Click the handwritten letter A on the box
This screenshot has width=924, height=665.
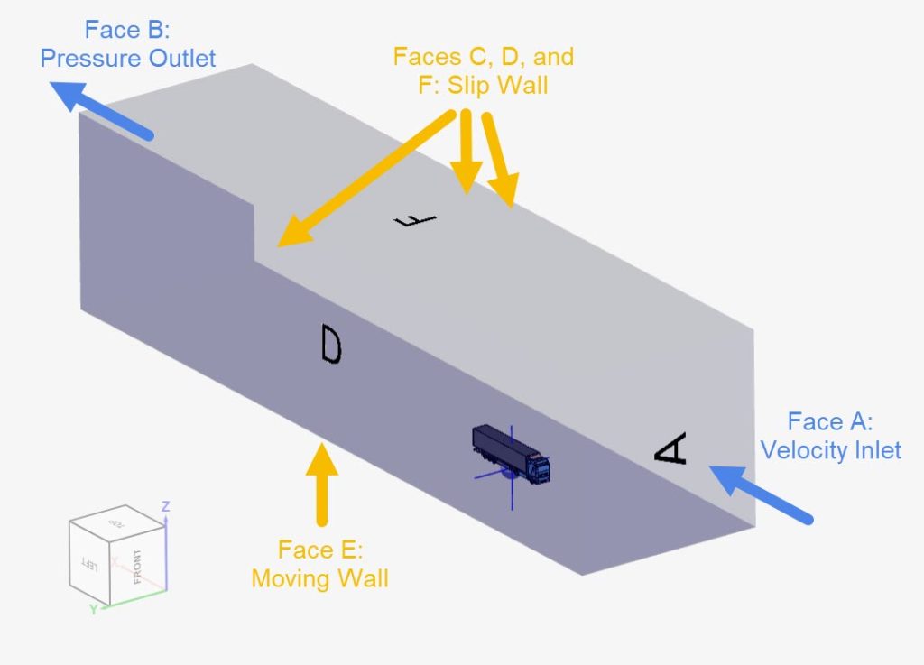(671, 449)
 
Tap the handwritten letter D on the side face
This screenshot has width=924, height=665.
(331, 345)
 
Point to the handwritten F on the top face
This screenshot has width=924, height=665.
(415, 220)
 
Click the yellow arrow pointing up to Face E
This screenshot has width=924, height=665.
(321, 483)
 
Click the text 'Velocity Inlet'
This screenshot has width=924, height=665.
(830, 449)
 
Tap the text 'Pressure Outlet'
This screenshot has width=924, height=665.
(128, 59)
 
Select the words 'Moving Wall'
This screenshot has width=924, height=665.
(319, 577)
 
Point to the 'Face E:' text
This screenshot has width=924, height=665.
(319, 550)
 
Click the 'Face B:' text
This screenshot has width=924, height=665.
(127, 30)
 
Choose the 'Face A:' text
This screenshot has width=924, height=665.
(830, 421)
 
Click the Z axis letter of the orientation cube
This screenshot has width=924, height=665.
(165, 506)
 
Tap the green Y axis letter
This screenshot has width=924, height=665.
(92, 610)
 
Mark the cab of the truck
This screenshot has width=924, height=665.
(539, 467)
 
